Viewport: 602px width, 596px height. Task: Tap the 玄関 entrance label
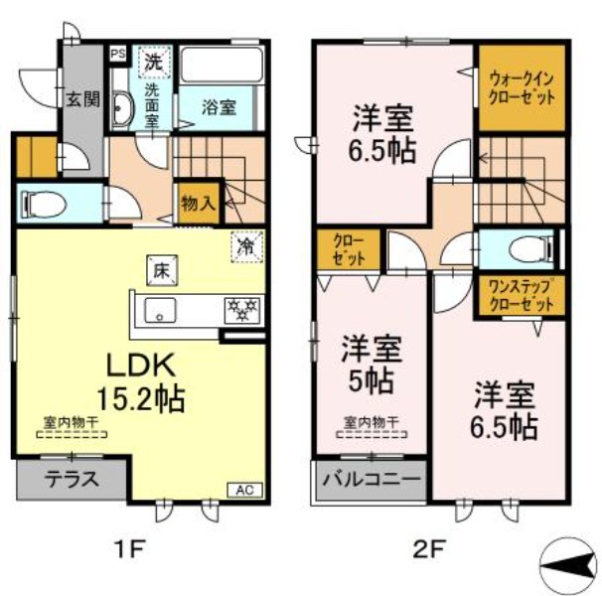(82, 98)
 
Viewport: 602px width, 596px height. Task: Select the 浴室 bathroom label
(220, 107)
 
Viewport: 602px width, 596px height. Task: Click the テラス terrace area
(72, 480)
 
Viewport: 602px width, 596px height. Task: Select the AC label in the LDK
(243, 489)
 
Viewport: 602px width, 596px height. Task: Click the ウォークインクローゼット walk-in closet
(522, 87)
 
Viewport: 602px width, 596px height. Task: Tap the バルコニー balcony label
(373, 480)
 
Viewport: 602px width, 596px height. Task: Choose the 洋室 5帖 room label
(373, 365)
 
